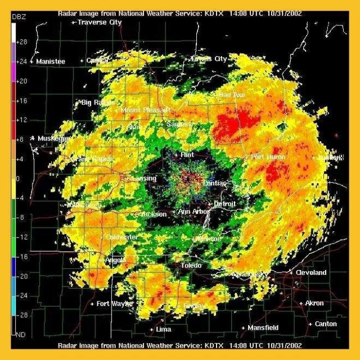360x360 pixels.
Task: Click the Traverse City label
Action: point(100,22)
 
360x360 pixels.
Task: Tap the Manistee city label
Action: point(51,61)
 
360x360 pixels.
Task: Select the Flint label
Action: point(187,154)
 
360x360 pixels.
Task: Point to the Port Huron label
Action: point(268,157)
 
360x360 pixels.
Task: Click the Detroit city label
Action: point(225,203)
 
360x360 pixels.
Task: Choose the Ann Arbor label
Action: point(193,211)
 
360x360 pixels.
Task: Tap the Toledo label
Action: point(191,265)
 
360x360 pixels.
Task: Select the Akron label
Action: point(314,303)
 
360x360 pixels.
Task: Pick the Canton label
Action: point(326,324)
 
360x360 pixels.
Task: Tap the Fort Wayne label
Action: point(115,304)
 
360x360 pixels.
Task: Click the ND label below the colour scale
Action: point(21,335)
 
